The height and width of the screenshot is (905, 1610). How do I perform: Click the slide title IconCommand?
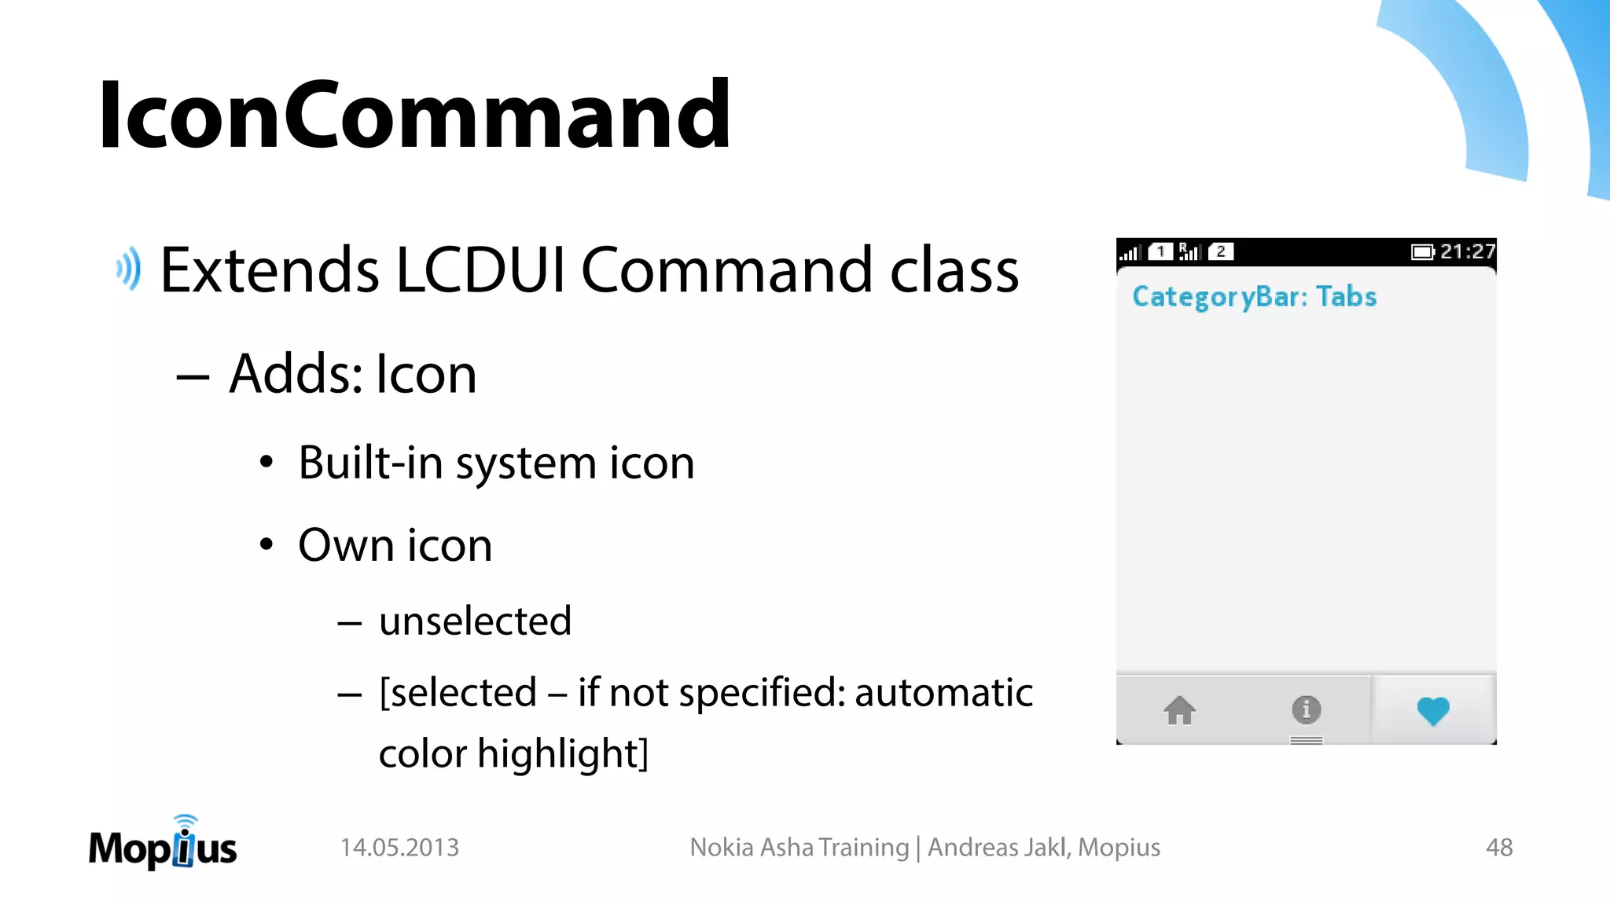414,115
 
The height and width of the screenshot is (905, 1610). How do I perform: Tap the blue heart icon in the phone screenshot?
1432,710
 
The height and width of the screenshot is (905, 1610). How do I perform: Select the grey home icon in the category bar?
1179,710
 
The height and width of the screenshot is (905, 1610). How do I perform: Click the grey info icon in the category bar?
1306,709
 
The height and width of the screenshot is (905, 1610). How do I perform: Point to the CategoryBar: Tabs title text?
1254,297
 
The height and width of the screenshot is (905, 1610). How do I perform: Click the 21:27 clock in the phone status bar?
1467,251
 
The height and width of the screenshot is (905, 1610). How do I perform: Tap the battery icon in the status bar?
1422,252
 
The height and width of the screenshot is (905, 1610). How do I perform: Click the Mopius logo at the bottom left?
163,845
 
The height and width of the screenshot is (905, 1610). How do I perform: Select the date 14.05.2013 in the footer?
399,848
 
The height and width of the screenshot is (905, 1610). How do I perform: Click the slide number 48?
1499,848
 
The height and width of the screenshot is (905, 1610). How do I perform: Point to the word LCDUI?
480,270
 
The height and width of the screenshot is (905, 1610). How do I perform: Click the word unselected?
475,621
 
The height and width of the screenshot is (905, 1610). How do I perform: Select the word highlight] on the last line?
563,753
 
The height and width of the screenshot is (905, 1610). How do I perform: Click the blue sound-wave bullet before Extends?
129,269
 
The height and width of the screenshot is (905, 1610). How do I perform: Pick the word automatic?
943,693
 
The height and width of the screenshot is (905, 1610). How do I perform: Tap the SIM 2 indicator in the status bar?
1220,251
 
